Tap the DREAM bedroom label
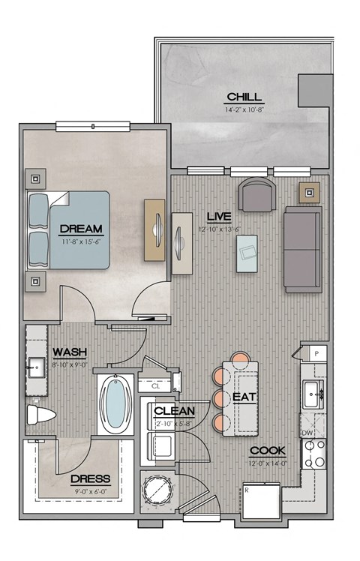pyautogui.click(x=81, y=228)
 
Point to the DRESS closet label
pyautogui.click(x=90, y=478)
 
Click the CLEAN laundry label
pyautogui.click(x=174, y=411)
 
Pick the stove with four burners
pyautogui.click(x=313, y=453)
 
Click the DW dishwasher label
pyautogui.click(x=307, y=433)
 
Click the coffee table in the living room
pyautogui.click(x=247, y=252)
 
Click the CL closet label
pyautogui.click(x=166, y=386)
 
